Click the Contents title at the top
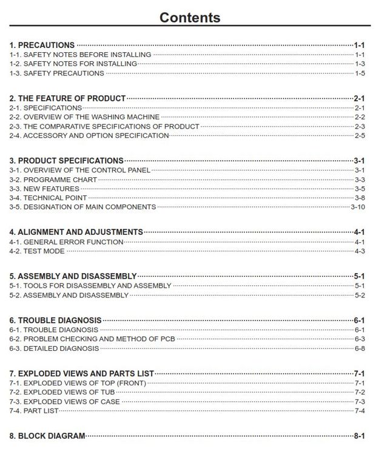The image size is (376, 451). click(189, 17)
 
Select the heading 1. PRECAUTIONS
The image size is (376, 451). click(42, 46)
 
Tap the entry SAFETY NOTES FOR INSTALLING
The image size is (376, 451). click(73, 64)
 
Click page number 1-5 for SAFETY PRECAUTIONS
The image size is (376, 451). click(360, 73)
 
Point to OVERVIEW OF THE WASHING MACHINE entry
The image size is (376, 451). click(84, 117)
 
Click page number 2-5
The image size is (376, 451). click(360, 135)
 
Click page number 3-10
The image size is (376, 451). click(358, 207)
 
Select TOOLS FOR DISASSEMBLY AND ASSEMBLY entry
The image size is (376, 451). click(90, 286)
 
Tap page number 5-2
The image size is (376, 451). click(360, 296)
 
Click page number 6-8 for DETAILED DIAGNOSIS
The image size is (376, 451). click(360, 348)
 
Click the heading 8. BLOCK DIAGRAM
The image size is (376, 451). click(47, 436)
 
